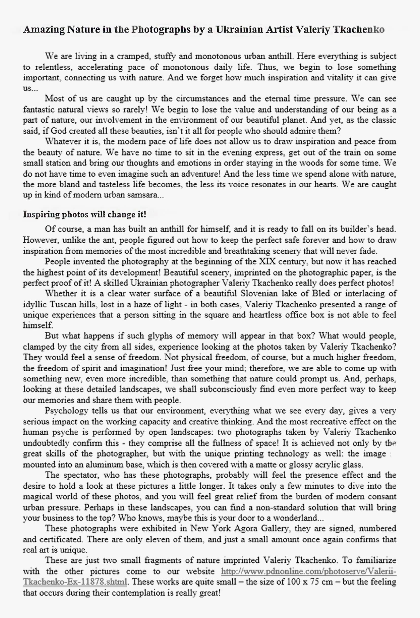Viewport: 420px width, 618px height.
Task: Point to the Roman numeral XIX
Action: pos(267,261)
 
